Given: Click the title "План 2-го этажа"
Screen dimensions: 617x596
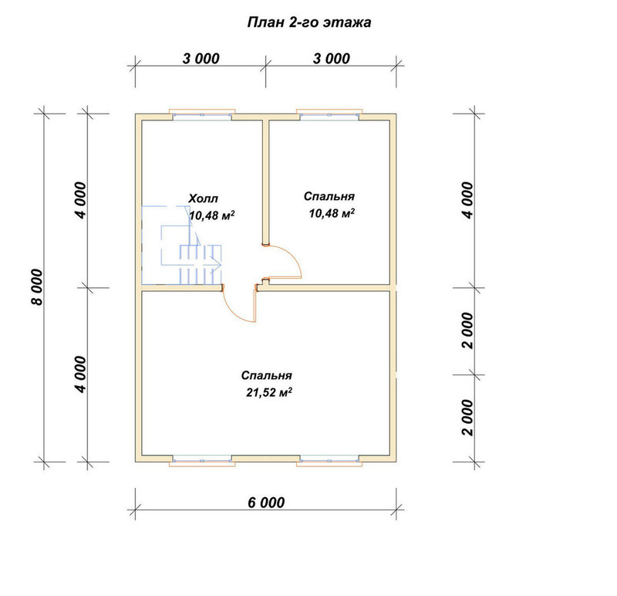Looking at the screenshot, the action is (309, 22).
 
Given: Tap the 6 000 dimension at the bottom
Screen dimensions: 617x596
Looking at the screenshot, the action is (266, 503).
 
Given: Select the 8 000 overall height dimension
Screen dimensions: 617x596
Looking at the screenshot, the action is (36, 287).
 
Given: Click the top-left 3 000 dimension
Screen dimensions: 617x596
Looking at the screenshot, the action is (201, 59).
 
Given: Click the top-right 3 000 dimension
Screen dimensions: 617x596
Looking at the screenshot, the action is (332, 59).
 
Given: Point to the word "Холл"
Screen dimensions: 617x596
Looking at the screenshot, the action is (203, 198).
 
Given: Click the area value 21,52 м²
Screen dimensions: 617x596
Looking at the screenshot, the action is (269, 392).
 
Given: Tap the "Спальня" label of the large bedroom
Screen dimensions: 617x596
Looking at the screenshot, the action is (266, 375).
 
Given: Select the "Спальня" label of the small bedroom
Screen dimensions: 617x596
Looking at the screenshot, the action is (329, 196).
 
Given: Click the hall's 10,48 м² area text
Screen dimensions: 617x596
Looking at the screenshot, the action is (212, 215).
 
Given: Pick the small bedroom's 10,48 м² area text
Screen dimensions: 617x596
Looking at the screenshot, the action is (332, 213).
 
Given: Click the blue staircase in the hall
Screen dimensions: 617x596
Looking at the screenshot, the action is (182, 245).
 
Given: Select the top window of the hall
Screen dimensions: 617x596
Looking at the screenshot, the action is (202, 114).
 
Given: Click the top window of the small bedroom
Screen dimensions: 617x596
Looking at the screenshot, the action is (329, 114).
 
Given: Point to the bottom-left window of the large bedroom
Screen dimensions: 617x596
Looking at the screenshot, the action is (202, 460).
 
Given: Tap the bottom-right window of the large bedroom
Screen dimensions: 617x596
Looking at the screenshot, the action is (329, 460).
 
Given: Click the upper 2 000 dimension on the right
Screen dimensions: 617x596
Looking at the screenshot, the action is (468, 331).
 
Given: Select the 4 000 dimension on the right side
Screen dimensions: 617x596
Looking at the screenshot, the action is (468, 200).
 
